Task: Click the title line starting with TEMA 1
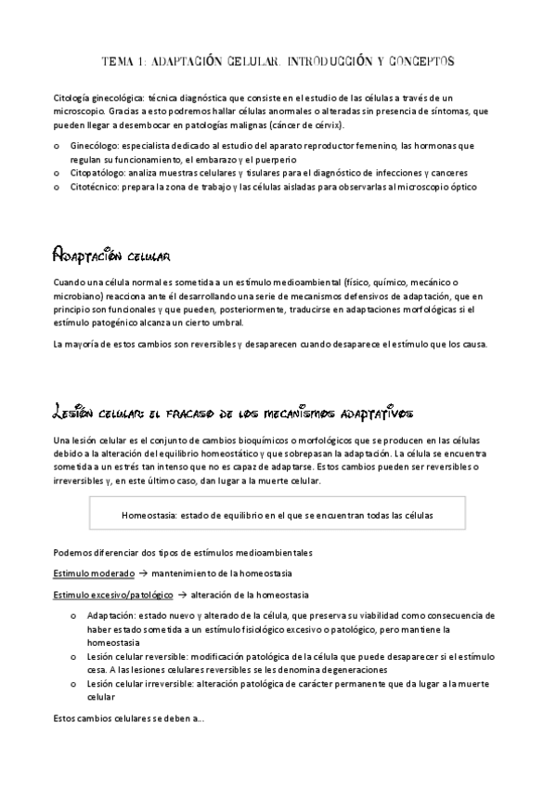(278, 61)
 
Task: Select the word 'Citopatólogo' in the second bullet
(100, 173)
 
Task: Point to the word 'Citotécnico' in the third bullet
(98, 187)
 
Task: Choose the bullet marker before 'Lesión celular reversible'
(73, 656)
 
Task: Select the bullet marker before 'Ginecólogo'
(58, 147)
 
